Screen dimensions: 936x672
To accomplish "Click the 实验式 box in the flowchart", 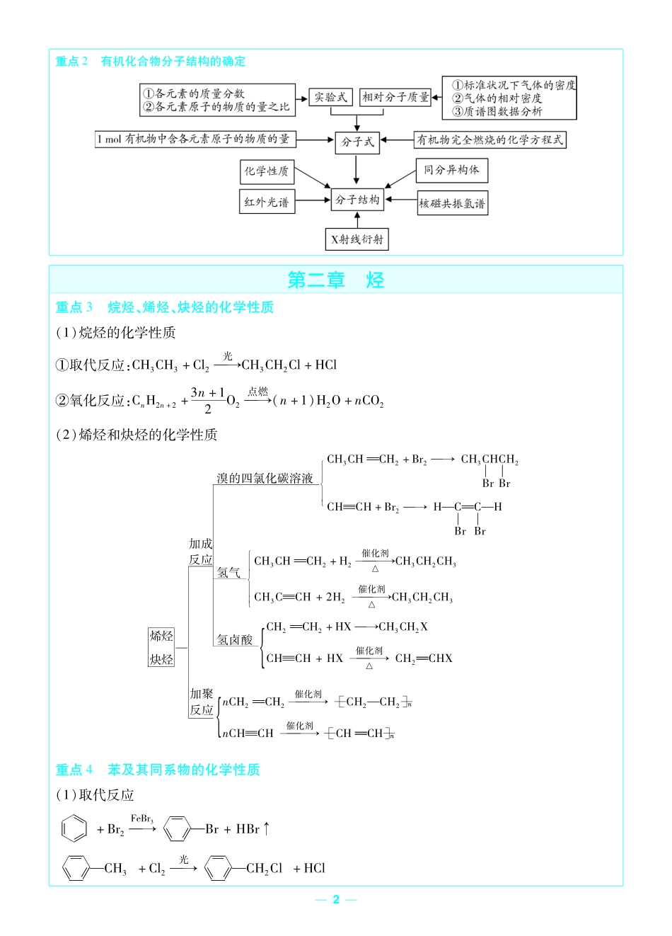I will coord(330,98).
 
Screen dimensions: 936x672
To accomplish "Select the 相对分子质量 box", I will coord(395,98).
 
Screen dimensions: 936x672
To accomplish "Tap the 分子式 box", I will coord(357,142).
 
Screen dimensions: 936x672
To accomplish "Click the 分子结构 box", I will coord(357,200).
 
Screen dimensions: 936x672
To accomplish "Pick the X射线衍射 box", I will coord(357,239).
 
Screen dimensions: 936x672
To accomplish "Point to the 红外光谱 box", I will coord(267,202).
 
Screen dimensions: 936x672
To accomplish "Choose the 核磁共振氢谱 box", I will coord(452,204).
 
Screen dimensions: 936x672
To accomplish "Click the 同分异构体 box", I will coord(451,170).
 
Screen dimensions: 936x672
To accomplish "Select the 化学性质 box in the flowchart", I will coord(267,171).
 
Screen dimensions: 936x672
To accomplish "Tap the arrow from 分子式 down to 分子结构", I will coord(357,170).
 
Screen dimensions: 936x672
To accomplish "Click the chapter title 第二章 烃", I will coord(336,280).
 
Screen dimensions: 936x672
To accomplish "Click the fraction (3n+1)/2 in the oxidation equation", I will coord(207,401).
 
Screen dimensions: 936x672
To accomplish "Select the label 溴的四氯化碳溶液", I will coord(265,479).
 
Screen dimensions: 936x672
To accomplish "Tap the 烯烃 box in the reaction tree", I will coord(161,636).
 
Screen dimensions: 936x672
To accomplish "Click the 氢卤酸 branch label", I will coord(234,640).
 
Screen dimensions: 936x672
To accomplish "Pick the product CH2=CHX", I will coord(424,658).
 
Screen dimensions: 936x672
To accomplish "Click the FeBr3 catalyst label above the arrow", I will coord(141,818).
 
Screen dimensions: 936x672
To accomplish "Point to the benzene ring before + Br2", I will coord(74,828).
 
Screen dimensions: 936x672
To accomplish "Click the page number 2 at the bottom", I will coord(336,899).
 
